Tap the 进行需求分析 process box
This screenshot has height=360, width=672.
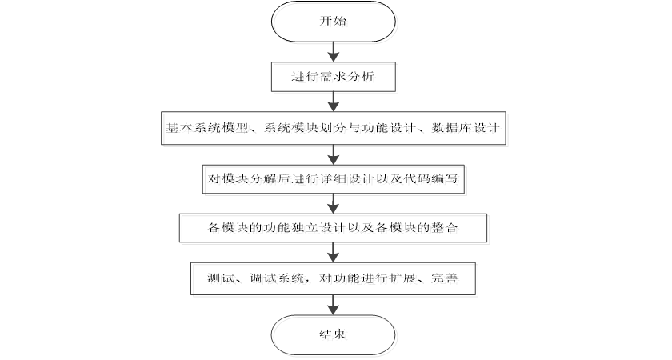(x=333, y=78)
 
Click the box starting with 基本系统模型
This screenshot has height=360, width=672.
(x=333, y=128)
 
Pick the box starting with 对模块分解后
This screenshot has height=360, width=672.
(x=333, y=178)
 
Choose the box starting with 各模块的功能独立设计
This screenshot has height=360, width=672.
(x=333, y=228)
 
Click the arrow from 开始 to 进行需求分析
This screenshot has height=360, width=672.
(x=333, y=54)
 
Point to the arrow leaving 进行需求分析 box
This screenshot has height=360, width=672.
(x=333, y=102)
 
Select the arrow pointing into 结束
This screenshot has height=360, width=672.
(x=333, y=304)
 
